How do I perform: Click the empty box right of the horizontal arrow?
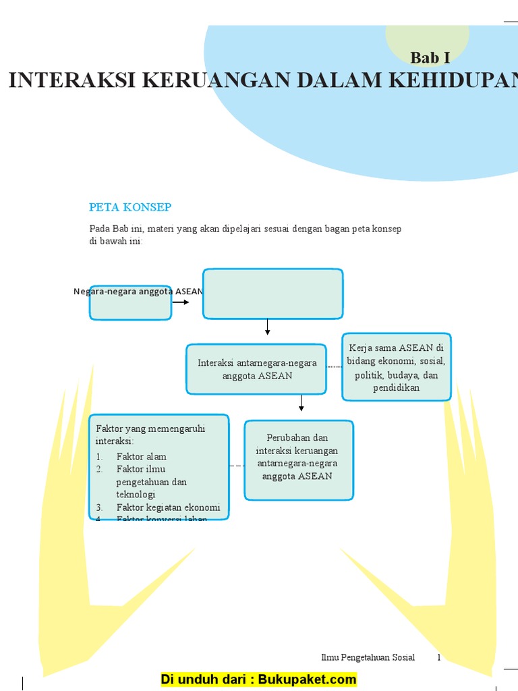pyautogui.click(x=273, y=294)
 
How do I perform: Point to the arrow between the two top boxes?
pyautogui.click(x=181, y=302)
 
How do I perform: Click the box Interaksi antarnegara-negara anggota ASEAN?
pyautogui.click(x=257, y=369)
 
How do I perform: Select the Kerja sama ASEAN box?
pyautogui.click(x=396, y=367)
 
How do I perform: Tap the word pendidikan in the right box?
pyautogui.click(x=396, y=388)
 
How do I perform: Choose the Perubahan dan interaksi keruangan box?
pyautogui.click(x=297, y=460)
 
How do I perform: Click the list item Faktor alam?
pyautogui.click(x=141, y=456)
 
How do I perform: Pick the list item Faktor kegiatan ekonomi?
pyautogui.click(x=168, y=507)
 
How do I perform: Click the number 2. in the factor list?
pyautogui.click(x=99, y=469)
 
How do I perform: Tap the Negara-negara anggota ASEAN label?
pyautogui.click(x=138, y=292)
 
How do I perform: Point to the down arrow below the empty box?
pyautogui.click(x=268, y=327)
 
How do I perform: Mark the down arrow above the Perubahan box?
pyautogui.click(x=301, y=403)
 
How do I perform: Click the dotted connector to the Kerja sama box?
pyautogui.click(x=335, y=366)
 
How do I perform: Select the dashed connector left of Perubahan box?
pyautogui.click(x=237, y=466)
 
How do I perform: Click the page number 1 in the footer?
pyautogui.click(x=439, y=657)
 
